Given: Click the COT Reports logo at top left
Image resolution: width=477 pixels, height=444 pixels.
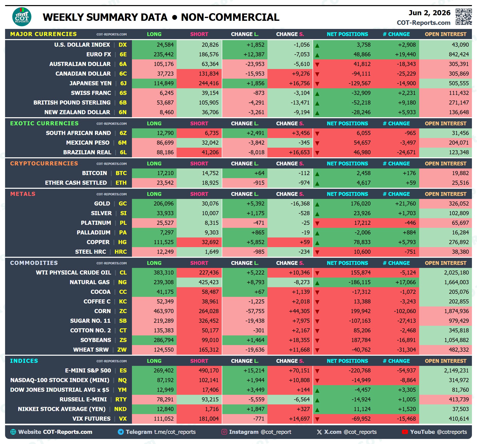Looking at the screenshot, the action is click(x=22, y=17).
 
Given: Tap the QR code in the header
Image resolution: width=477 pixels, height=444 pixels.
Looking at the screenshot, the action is click(x=464, y=17).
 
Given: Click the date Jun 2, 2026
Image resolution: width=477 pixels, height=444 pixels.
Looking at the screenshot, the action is click(x=429, y=13).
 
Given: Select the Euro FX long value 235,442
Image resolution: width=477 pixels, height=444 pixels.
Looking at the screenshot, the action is click(x=164, y=54).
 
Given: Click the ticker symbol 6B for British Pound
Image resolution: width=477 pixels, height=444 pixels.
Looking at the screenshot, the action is click(x=123, y=103).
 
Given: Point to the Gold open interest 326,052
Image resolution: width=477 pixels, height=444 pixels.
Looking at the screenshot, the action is click(x=459, y=203).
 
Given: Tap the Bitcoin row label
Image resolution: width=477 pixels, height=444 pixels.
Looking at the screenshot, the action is click(x=94, y=173).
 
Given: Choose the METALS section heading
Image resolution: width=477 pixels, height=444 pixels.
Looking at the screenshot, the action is click(x=23, y=194).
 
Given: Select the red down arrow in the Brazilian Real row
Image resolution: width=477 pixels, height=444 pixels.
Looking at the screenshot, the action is click(x=317, y=153).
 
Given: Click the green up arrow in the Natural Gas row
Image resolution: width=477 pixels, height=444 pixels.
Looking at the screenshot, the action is click(x=317, y=283).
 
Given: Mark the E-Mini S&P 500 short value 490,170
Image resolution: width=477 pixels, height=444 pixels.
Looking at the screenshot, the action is click(x=209, y=370).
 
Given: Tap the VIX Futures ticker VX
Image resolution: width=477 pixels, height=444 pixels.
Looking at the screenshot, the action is click(x=123, y=419).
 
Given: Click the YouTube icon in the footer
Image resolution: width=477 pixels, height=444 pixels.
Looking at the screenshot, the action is click(x=405, y=432).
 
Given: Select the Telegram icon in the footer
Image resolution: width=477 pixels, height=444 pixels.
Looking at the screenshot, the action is click(x=121, y=432).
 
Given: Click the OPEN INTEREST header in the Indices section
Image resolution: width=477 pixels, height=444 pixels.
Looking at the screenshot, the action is click(x=446, y=361).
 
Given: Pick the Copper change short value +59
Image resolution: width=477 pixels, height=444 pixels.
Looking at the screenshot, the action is click(x=304, y=242).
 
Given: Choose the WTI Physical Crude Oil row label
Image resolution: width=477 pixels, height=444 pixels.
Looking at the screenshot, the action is click(x=74, y=272).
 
